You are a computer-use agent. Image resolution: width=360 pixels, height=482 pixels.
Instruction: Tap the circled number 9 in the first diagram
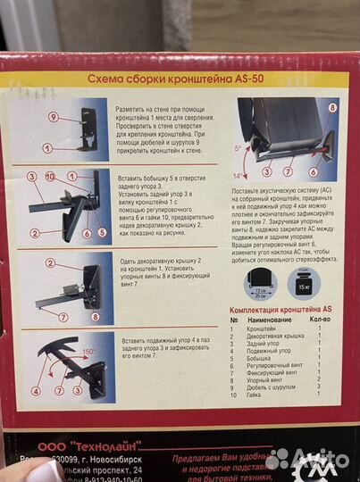point(54,116)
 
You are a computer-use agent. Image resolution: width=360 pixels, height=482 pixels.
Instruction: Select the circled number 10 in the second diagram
point(50,176)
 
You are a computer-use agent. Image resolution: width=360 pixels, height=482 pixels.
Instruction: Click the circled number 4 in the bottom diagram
point(36,390)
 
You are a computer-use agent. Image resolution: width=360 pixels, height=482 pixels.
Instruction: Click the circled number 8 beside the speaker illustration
point(332,107)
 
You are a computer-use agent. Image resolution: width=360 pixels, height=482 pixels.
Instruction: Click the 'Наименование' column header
point(266,319)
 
